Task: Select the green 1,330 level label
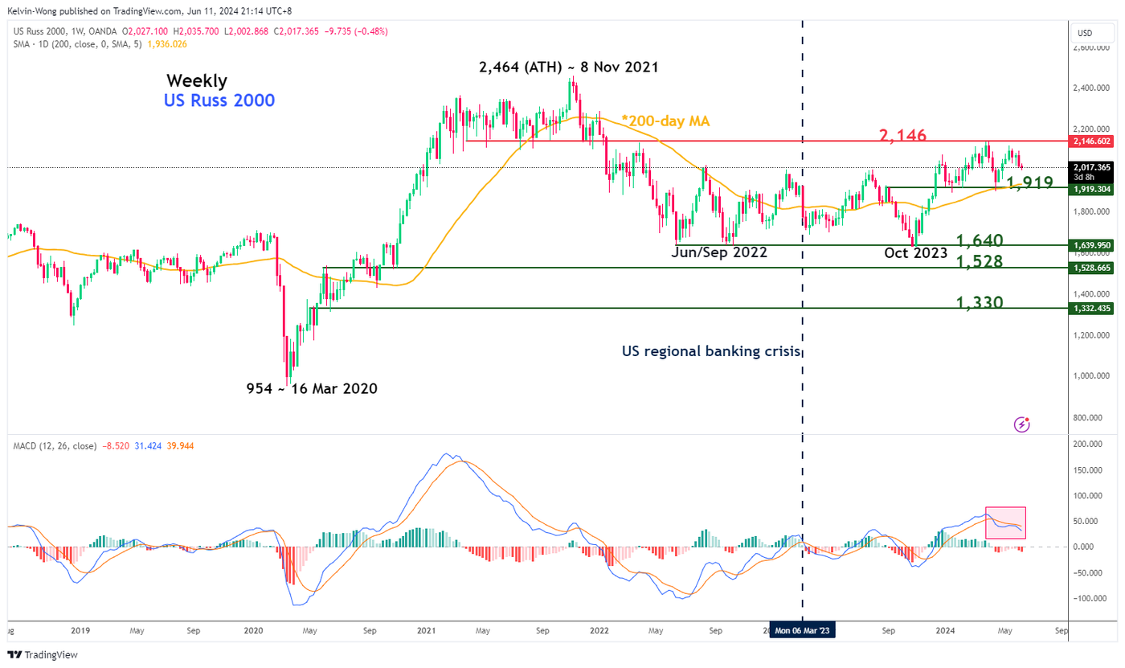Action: click(979, 303)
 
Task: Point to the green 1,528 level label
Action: click(979, 261)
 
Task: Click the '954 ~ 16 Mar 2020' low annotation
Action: click(312, 389)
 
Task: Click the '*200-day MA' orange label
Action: click(665, 121)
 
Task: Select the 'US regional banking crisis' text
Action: click(712, 351)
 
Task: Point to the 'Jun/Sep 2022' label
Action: click(719, 252)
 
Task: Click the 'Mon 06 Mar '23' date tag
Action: click(802, 631)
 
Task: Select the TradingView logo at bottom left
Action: click(43, 654)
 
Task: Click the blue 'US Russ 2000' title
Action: click(219, 100)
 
